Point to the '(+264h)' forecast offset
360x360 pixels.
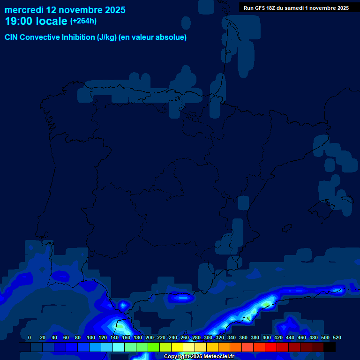(x=83, y=21)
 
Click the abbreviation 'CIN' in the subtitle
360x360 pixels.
(x=11, y=37)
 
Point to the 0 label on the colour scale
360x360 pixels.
(x=30, y=337)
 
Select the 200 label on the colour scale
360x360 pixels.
(x=150, y=337)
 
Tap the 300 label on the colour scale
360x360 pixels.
(x=208, y=337)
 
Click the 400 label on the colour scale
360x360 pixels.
(x=267, y=337)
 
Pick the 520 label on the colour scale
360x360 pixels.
(x=337, y=337)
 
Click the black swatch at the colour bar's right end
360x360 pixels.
(x=330, y=347)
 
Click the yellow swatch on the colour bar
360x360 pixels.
(x=177, y=347)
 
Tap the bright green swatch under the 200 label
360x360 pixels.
(x=154, y=347)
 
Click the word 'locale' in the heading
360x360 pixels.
(x=51, y=21)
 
